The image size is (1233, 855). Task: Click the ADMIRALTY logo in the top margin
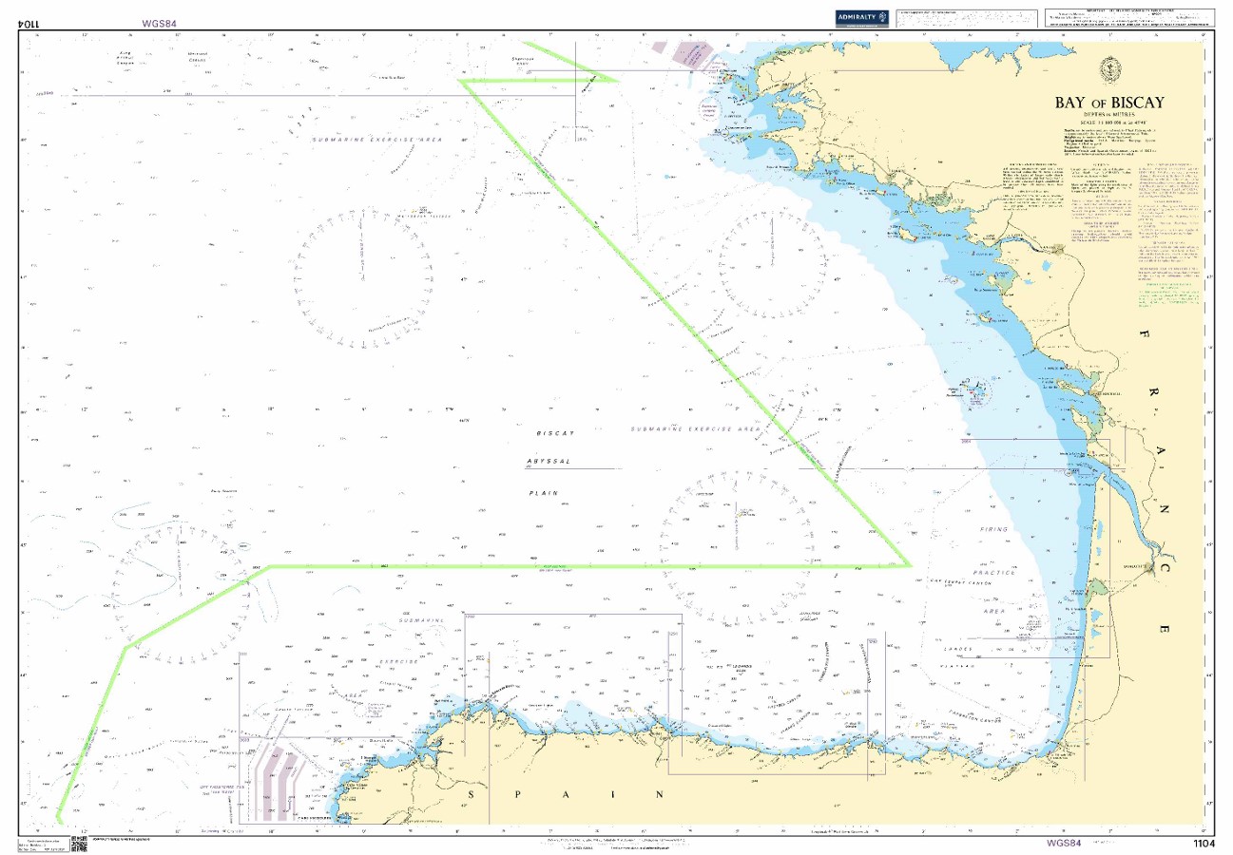[x=860, y=17]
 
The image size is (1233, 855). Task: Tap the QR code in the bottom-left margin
[x=79, y=844]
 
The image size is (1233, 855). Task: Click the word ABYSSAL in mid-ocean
[x=549, y=463]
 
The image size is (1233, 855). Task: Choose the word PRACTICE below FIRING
[x=993, y=573]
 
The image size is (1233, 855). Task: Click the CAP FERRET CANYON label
[x=962, y=583]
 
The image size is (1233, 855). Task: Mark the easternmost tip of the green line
[x=911, y=564]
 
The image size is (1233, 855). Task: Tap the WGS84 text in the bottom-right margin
[x=1064, y=844]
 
